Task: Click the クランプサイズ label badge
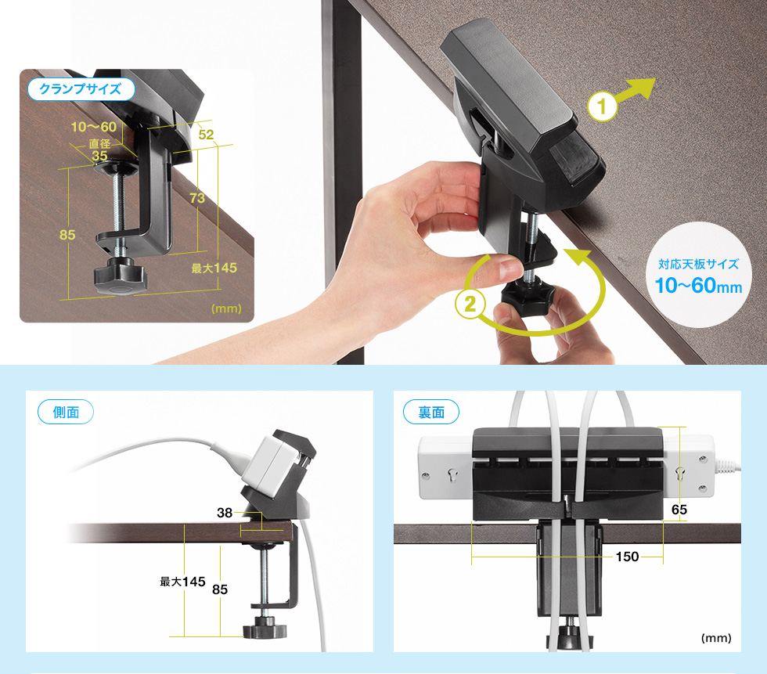click(x=81, y=89)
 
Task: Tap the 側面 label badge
click(x=66, y=412)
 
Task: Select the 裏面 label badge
click(x=431, y=412)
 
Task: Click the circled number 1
click(x=602, y=106)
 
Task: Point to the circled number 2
click(x=470, y=304)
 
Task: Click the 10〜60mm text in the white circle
click(x=698, y=286)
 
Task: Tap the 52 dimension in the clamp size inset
click(x=206, y=135)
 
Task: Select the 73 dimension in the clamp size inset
click(x=197, y=197)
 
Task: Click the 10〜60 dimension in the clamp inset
click(x=94, y=127)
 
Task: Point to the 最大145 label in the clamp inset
click(x=214, y=268)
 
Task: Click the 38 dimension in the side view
click(x=225, y=513)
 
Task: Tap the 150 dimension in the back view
click(x=627, y=557)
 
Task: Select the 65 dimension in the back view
click(x=679, y=510)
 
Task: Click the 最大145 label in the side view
click(x=182, y=582)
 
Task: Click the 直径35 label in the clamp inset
click(x=100, y=150)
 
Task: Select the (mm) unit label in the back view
click(x=716, y=638)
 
